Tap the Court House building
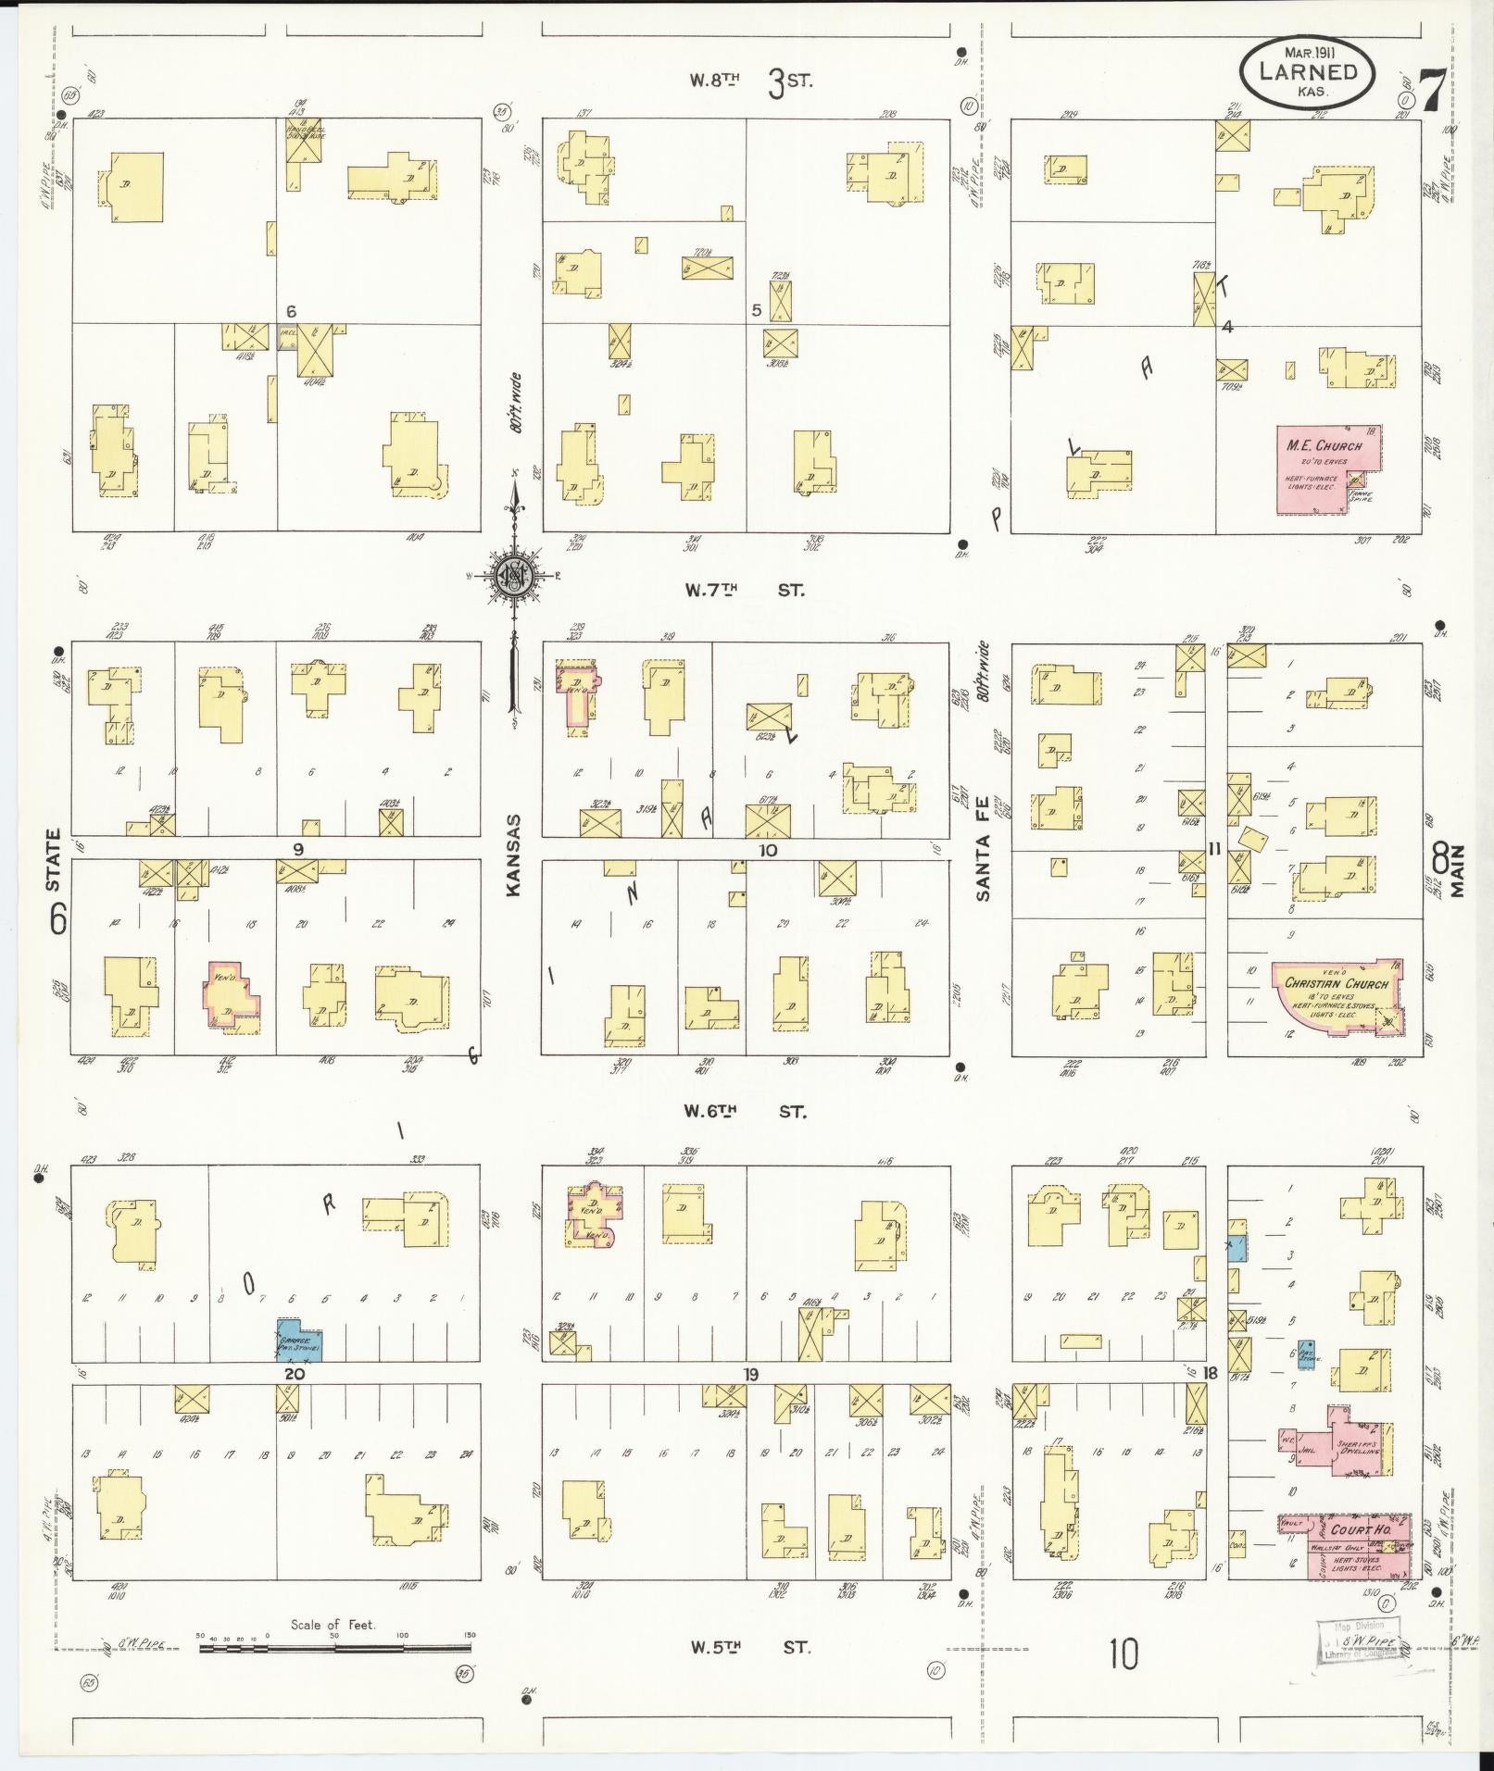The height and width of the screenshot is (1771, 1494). coord(1357,1544)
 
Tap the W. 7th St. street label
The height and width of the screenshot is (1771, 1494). coord(745,589)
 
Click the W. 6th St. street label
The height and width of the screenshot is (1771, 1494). coord(745,1111)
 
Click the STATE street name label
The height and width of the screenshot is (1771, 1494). coord(53,860)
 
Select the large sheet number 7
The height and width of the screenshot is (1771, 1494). coord(1431,90)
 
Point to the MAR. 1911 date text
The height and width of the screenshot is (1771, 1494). coord(1307,52)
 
